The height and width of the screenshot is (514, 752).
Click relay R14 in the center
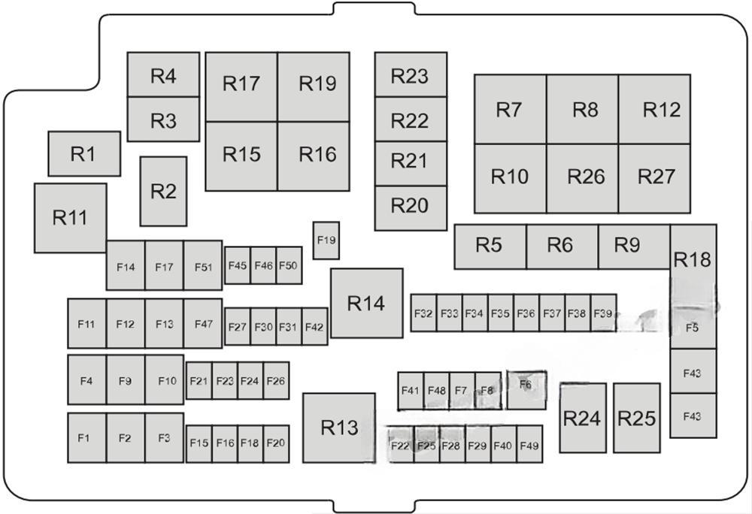coord(367,304)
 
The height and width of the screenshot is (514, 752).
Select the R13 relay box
coord(338,428)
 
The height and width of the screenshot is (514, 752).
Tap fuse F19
coord(326,240)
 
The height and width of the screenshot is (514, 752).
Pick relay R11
coord(71,218)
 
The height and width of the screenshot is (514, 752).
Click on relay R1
coord(84,154)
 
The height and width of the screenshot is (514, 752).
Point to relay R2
coord(163,191)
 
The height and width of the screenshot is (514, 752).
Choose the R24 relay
coord(583,418)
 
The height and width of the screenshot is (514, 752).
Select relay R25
coord(636,418)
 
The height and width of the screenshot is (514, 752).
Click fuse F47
coord(203,323)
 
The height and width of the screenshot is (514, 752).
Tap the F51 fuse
coord(203,265)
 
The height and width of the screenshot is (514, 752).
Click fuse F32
coord(423,313)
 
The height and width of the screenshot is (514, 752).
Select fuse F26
coord(276,380)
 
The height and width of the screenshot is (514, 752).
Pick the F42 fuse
coord(315,327)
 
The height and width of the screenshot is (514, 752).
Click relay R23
coord(411,74)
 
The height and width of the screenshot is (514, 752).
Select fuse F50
coord(290,265)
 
